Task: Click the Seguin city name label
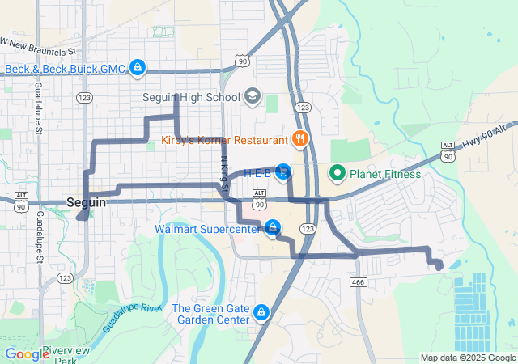(87, 202)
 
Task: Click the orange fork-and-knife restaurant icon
(299, 138)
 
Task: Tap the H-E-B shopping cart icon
(283, 171)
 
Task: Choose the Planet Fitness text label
(385, 174)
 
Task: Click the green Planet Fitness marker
(336, 173)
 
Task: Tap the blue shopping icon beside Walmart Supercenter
(273, 227)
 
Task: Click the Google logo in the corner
(27, 353)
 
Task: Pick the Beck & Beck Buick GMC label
(65, 69)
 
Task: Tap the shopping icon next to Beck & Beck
(138, 68)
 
